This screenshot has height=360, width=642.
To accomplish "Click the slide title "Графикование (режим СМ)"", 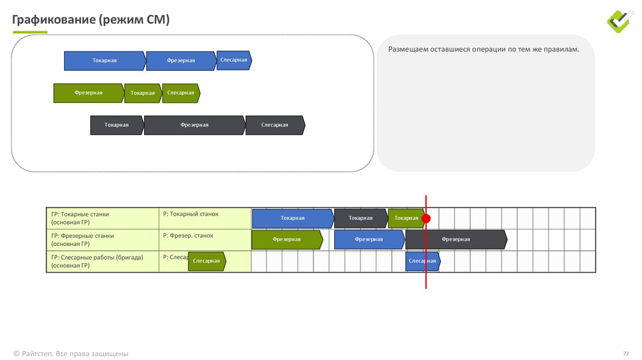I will pos(91,20).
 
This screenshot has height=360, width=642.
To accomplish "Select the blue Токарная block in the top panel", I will pos(105,61).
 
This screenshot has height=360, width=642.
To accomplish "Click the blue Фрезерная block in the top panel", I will pos(181,61).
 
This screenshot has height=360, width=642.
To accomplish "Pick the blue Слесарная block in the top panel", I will pos(234,60).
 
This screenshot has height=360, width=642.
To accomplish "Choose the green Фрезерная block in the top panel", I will pos(88,93).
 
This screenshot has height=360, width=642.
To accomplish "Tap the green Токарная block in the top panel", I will pos(142,93).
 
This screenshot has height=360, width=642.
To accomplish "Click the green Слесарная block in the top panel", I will pos(181,93).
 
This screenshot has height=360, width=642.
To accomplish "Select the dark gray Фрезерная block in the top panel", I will pos(194,125).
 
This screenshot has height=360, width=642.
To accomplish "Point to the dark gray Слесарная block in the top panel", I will pos(275,125).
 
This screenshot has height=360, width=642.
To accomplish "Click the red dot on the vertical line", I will pos(426,219).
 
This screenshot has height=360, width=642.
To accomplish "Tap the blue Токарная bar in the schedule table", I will pos(292,218).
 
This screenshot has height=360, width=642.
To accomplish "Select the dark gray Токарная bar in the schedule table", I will pos(360,218).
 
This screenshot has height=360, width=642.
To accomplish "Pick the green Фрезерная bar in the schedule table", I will pos(287,240).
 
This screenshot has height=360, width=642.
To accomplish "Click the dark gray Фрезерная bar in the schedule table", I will pos(456,240).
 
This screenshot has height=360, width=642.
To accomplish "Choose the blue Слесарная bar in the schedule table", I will pos(422,261).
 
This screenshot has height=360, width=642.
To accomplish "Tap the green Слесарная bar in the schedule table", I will pos(206,261).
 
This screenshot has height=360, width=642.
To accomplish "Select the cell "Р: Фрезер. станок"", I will pos(188,236).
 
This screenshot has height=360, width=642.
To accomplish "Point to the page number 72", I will pos(626,353).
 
